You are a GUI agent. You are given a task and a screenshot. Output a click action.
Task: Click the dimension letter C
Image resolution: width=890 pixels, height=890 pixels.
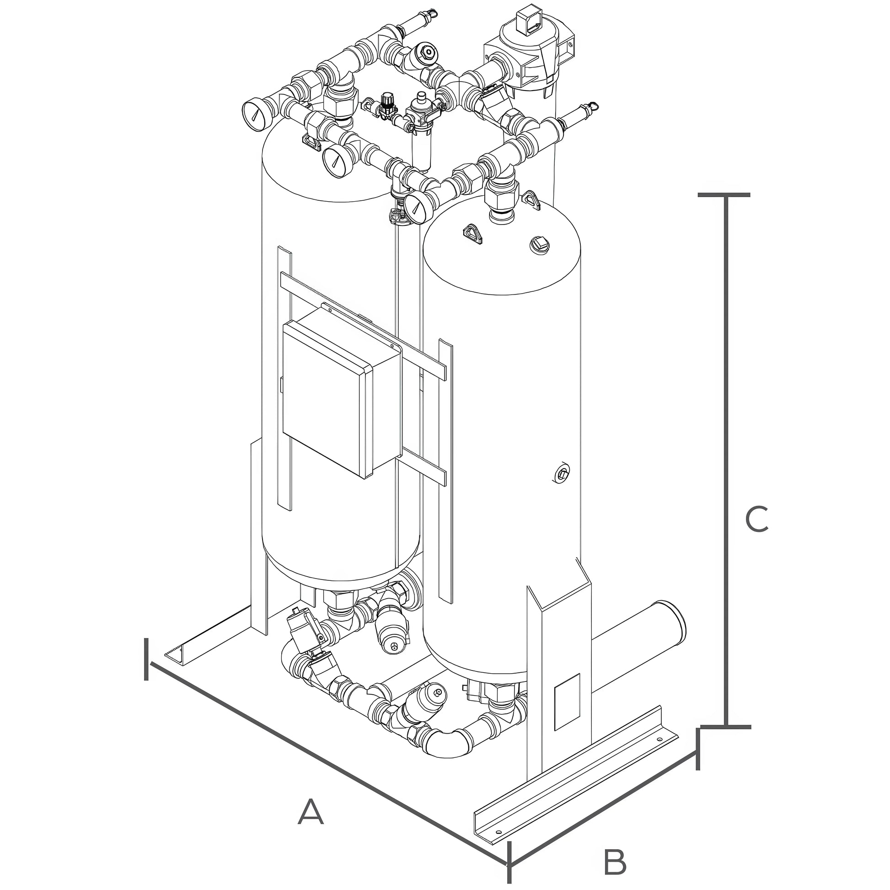coord(756,519)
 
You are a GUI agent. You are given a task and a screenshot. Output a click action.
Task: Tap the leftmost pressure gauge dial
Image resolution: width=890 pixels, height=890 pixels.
coord(255,115)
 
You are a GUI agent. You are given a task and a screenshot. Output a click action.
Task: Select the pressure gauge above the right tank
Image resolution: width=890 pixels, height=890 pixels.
coord(417,209)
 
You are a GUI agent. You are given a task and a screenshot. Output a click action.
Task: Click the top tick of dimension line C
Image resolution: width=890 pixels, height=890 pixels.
coord(724,195)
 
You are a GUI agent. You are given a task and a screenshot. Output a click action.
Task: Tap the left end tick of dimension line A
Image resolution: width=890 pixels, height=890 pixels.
coord(146,659)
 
